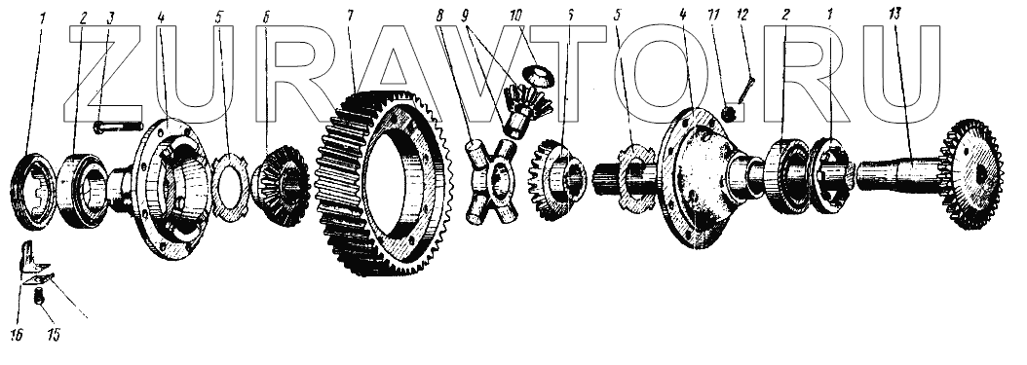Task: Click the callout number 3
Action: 110,17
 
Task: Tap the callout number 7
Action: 351,17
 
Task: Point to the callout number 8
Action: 438,17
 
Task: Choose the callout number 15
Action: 53,335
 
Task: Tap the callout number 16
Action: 17,335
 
